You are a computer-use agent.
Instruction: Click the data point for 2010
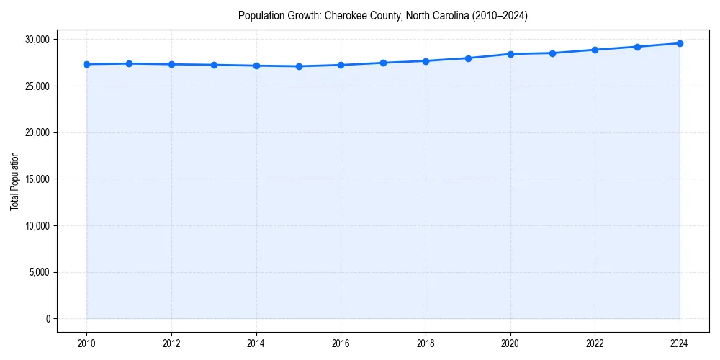click(86, 64)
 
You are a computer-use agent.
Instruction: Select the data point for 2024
click(680, 43)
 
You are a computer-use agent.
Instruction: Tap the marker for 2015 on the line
click(299, 66)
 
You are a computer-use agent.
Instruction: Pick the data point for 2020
click(510, 54)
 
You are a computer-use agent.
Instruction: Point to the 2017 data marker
click(383, 63)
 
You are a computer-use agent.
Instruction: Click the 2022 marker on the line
click(595, 50)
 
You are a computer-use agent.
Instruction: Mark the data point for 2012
click(171, 64)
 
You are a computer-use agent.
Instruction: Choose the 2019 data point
click(468, 58)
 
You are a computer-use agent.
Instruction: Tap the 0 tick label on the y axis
click(48, 319)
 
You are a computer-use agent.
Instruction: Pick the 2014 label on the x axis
click(256, 343)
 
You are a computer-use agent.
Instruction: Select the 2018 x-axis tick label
click(426, 343)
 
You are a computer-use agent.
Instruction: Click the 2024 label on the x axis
click(680, 343)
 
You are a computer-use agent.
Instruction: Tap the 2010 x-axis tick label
click(86, 343)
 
